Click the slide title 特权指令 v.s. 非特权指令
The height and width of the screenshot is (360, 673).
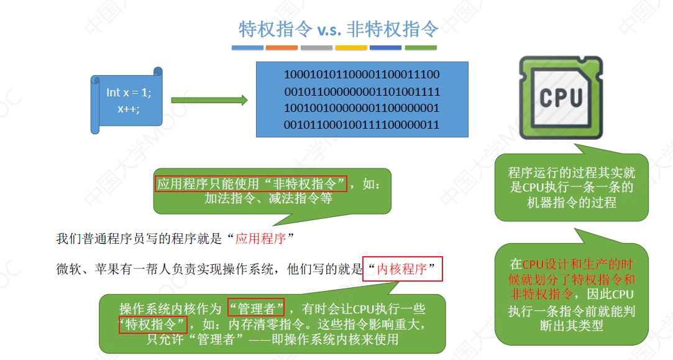click(x=339, y=29)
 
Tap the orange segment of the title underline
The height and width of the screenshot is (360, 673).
click(x=282, y=47)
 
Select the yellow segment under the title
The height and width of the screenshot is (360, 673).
click(x=351, y=47)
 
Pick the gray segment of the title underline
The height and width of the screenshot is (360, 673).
click(x=316, y=47)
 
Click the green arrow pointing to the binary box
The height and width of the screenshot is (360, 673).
click(x=209, y=100)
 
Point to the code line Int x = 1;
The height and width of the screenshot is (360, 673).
click(x=129, y=92)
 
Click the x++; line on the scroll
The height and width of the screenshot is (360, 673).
click(x=129, y=108)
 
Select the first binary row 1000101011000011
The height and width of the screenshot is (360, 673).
click(x=362, y=75)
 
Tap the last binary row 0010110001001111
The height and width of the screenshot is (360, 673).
click(x=362, y=125)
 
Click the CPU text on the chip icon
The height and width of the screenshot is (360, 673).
click(x=561, y=98)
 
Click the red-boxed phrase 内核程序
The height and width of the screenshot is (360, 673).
click(x=402, y=269)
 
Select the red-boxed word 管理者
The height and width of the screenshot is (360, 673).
click(x=256, y=308)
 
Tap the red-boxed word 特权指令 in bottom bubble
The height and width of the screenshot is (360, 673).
click(x=153, y=325)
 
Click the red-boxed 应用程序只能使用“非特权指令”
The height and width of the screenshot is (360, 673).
click(x=251, y=183)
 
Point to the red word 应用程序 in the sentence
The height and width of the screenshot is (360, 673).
click(x=260, y=238)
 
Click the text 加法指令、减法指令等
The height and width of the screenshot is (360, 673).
click(x=268, y=199)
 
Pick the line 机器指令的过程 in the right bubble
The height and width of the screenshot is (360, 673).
click(x=571, y=202)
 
